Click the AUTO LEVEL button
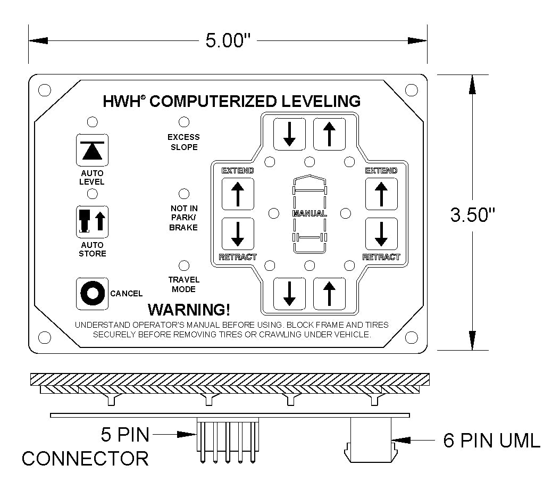[x=92, y=150]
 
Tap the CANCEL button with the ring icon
[x=92, y=294]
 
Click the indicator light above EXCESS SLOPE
[x=184, y=122]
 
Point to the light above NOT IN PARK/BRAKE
[x=184, y=194]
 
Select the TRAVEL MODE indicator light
[x=184, y=265]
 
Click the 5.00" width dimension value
[x=228, y=40]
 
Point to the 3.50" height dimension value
[x=473, y=214]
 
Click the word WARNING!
[x=189, y=310]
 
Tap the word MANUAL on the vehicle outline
[x=310, y=213]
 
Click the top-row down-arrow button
[x=289, y=134]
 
